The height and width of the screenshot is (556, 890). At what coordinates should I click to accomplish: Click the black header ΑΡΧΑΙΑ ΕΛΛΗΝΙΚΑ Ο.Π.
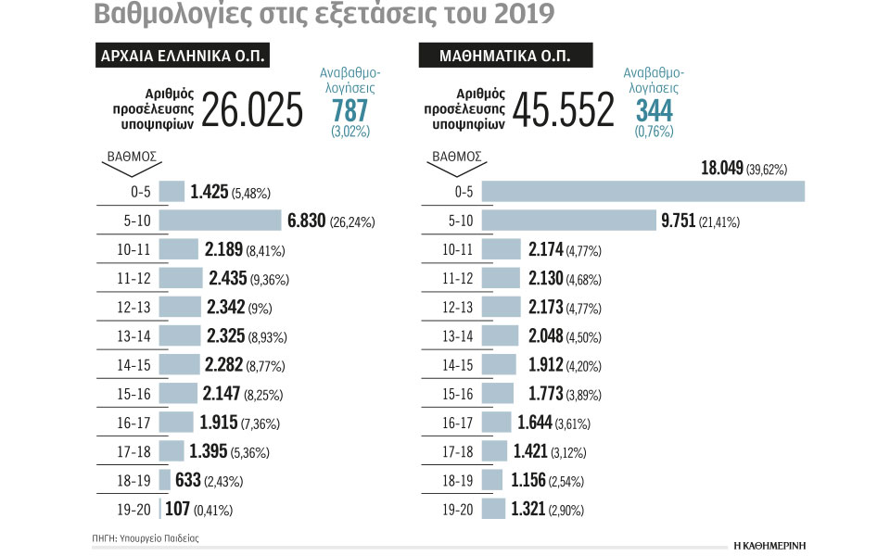[x=183, y=56]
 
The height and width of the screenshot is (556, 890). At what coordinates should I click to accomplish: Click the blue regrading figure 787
[x=350, y=111]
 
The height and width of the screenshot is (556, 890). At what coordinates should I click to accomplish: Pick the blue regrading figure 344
[x=655, y=111]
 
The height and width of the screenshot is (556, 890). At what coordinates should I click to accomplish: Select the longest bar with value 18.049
[x=643, y=191]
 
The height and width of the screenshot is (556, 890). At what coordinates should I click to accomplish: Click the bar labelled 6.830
[x=220, y=221]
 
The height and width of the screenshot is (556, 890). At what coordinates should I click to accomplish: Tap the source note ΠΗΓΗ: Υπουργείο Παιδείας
[x=146, y=537]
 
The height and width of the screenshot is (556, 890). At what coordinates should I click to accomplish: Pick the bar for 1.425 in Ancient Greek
[x=172, y=191]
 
